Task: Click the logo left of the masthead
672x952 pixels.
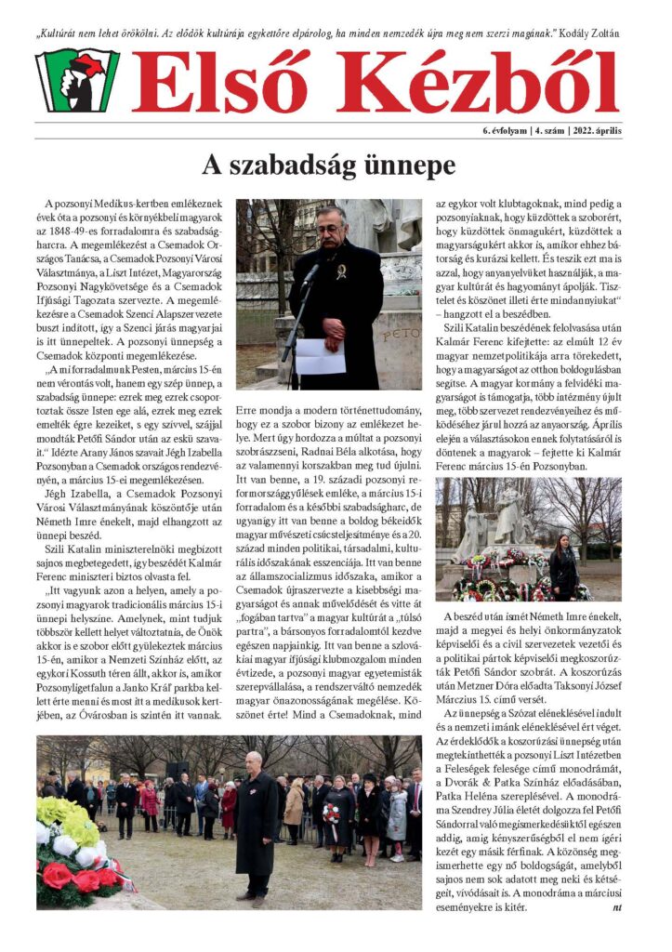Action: (x=77, y=81)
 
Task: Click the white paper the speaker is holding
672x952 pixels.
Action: (x=319, y=355)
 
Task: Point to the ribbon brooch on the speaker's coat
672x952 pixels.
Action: (x=342, y=272)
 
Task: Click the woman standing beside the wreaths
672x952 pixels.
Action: (x=563, y=570)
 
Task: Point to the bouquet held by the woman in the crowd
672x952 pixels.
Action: (x=332, y=813)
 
